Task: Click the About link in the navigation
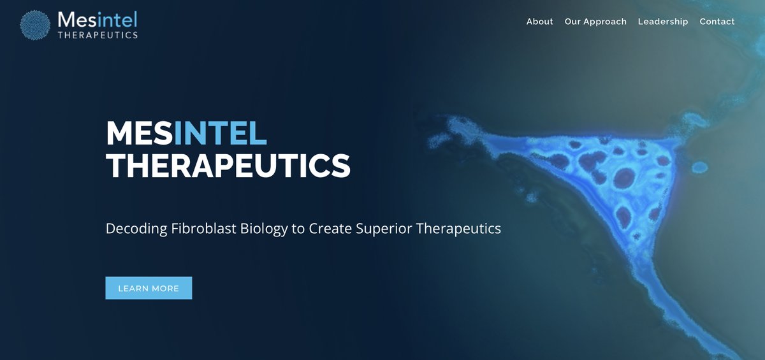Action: pos(539,22)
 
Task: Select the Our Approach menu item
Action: pos(595,22)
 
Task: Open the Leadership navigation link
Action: pos(663,22)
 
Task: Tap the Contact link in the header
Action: pos(717,22)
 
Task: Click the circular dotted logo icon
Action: pos(36,25)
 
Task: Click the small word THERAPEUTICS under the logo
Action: pos(97,35)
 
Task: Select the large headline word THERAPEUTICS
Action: pos(228,166)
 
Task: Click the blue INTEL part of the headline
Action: pos(220,133)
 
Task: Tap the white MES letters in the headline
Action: pos(139,133)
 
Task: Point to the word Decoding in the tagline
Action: pos(136,228)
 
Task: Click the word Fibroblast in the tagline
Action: pos(204,228)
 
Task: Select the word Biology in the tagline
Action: pos(264,228)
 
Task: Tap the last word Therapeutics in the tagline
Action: pos(458,228)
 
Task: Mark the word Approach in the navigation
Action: pos(605,22)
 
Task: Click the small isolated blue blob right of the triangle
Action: pos(700,168)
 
